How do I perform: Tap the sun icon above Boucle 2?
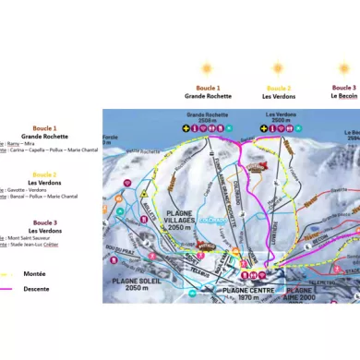tap(277, 67)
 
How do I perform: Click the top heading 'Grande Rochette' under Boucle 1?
tap(208, 95)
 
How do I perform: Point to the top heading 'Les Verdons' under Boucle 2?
tap(277, 95)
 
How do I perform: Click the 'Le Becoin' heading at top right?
tap(343, 95)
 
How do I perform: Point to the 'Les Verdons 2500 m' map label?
tap(277, 118)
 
